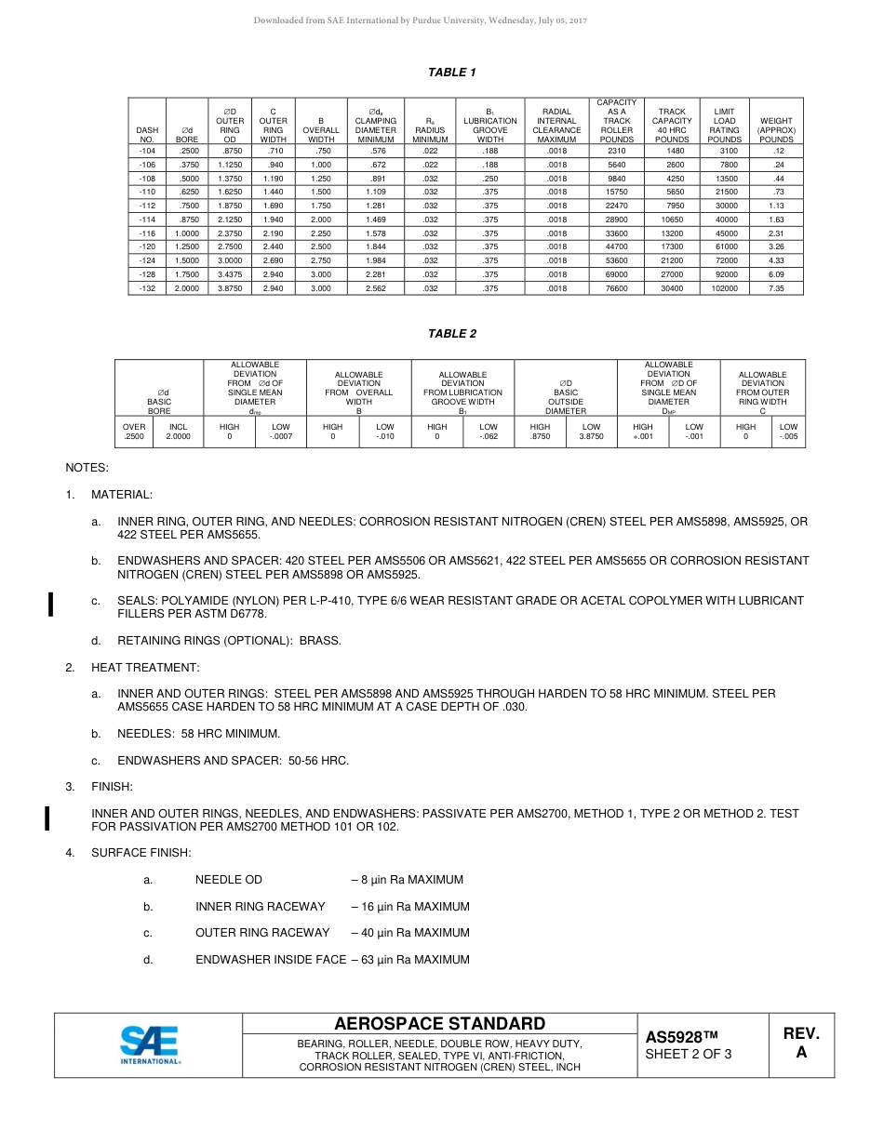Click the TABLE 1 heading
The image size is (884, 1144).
tap(451, 73)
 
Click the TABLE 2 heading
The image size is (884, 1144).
tap(451, 334)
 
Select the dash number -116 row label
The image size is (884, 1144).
tap(147, 233)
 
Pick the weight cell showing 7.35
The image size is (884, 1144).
tap(776, 288)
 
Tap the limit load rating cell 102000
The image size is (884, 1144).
tap(724, 288)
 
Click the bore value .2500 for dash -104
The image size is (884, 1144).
tap(187, 150)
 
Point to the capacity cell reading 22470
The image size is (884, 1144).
tap(616, 206)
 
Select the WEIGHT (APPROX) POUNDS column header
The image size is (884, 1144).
tap(776, 129)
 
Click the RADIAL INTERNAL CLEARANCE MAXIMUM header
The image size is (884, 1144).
tap(556, 125)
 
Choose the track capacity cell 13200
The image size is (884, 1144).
tap(672, 233)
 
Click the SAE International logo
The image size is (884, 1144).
tap(150, 1044)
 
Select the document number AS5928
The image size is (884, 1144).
tap(680, 1036)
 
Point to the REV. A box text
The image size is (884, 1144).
tap(801, 1044)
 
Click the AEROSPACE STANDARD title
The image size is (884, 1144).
tap(439, 1023)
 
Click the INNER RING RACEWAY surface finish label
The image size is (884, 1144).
tap(260, 906)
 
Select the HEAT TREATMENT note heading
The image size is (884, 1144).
tap(145, 668)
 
